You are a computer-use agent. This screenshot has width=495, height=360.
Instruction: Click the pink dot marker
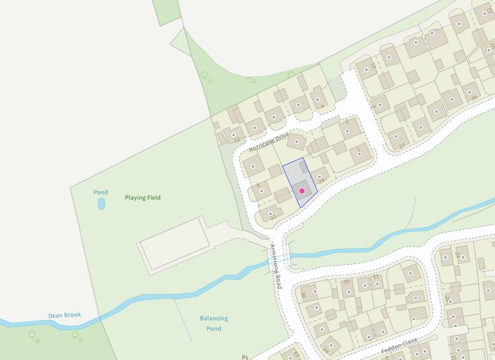click(x=302, y=191)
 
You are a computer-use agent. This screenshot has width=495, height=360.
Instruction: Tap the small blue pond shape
click(x=101, y=204)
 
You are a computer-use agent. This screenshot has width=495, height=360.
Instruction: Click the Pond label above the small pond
click(x=101, y=192)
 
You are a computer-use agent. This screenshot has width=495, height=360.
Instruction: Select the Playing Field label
click(x=143, y=198)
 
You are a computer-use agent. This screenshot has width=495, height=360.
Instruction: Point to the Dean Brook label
click(x=65, y=315)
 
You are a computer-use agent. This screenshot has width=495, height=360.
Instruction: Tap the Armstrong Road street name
click(x=275, y=266)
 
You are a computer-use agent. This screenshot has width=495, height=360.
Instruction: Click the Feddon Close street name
click(x=399, y=346)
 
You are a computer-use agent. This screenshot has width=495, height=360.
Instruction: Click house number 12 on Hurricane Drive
click(x=236, y=140)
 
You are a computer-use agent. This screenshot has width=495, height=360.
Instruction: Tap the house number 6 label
click(x=259, y=185)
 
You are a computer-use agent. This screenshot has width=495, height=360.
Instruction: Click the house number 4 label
click(x=322, y=106)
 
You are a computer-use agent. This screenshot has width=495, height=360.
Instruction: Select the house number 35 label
click(x=474, y=98)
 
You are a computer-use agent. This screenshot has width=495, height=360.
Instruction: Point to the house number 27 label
click(x=402, y=145)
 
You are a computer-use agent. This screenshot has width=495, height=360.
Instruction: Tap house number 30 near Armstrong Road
click(x=303, y=295)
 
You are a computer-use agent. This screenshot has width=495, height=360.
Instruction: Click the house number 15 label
click(x=346, y=282)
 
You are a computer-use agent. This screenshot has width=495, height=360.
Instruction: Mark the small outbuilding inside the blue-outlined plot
click(x=304, y=167)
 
